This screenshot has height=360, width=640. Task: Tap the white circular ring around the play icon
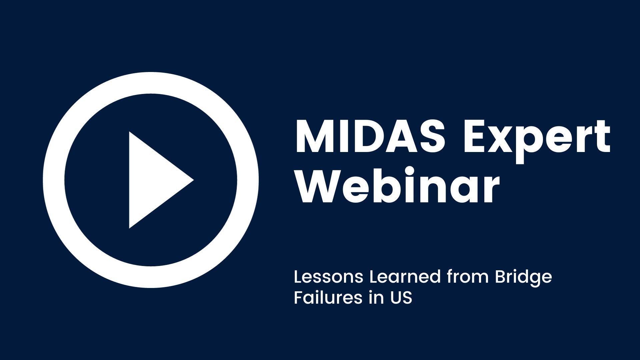54,180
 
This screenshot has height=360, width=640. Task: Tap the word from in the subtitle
468,277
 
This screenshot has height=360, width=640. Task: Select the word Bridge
524,279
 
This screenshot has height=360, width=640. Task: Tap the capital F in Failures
299,298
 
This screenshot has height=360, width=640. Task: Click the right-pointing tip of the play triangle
194,180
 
